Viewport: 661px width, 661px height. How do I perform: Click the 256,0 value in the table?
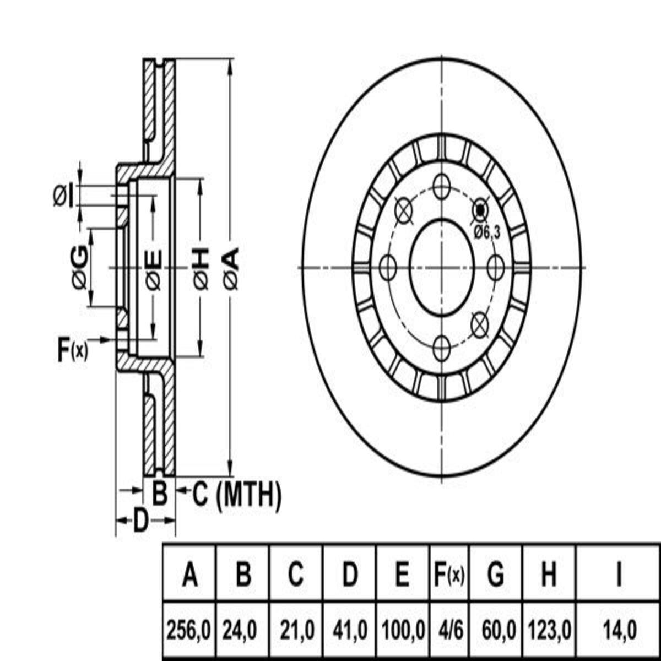click(188, 630)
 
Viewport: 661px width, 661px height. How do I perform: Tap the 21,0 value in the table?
click(297, 630)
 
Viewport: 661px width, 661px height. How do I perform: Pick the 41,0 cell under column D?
click(350, 630)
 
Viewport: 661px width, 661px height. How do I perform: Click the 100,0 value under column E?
click(403, 630)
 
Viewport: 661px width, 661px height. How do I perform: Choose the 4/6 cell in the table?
click(449, 630)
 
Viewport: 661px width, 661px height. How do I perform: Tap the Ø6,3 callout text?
click(487, 233)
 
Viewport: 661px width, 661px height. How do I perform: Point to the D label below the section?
click(140, 521)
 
